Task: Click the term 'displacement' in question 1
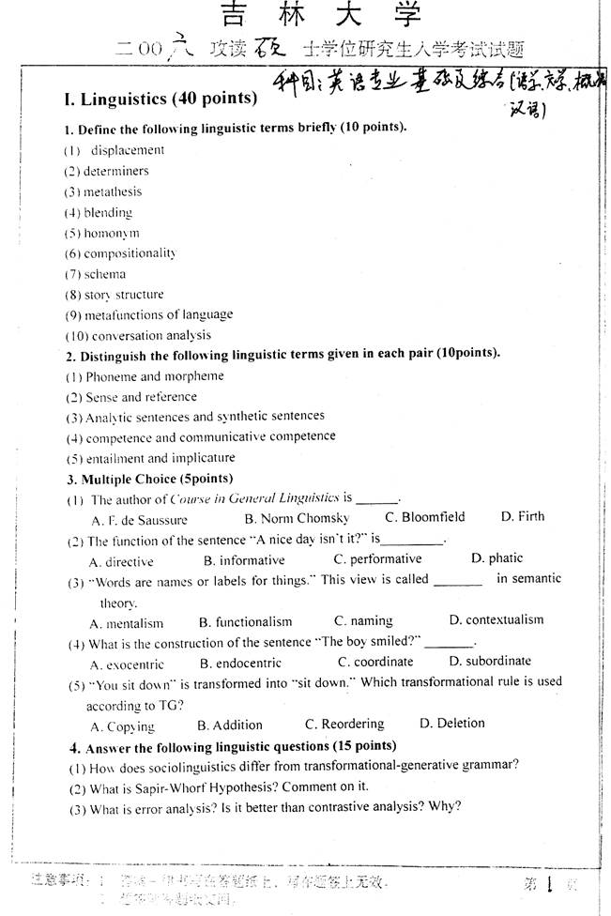[x=127, y=150]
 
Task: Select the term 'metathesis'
[x=113, y=191]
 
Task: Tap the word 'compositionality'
[x=130, y=253]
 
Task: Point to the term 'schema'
[x=104, y=274]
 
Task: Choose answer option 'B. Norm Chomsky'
[x=297, y=518]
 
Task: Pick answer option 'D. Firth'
[x=522, y=516]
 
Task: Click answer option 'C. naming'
[x=363, y=621]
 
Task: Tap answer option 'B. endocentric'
[x=242, y=663]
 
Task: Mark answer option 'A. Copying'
[x=122, y=726]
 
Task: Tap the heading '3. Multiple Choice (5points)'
[x=142, y=479]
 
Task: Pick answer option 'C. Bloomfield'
[x=425, y=517]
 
